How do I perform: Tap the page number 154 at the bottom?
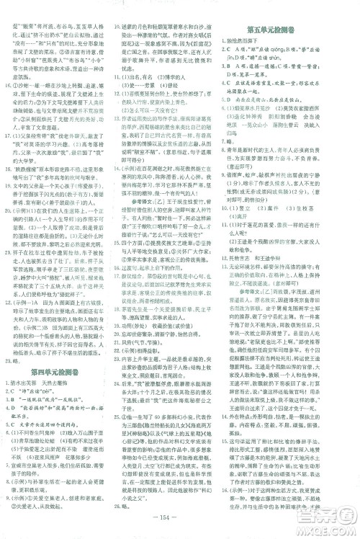(180, 523)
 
